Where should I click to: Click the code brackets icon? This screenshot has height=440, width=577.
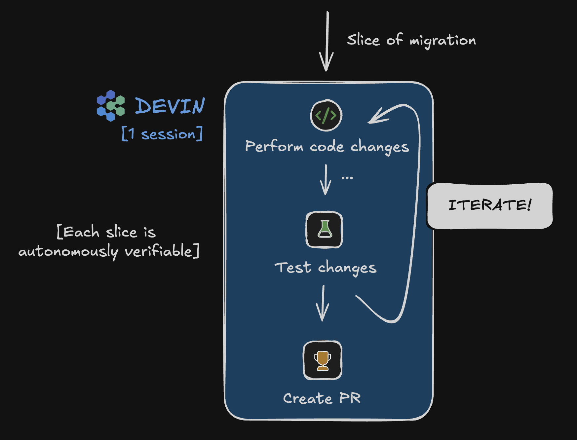[326, 115]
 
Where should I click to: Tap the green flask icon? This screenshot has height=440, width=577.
[324, 230]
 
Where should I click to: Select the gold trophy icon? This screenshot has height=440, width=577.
[323, 360]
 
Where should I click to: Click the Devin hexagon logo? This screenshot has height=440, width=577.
[111, 105]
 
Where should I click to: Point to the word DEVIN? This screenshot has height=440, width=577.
[170, 106]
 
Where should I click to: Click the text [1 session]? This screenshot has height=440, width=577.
[162, 134]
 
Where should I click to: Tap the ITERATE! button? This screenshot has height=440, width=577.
[490, 205]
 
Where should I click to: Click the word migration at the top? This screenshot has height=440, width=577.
[442, 41]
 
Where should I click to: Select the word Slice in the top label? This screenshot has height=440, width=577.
[363, 40]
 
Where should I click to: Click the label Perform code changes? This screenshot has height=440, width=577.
[327, 146]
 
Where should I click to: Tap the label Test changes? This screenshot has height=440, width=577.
[325, 268]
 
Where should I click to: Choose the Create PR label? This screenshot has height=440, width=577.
[322, 398]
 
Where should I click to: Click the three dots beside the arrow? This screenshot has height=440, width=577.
[347, 178]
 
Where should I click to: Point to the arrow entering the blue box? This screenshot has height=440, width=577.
[327, 41]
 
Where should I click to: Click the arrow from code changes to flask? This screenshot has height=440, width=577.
[326, 180]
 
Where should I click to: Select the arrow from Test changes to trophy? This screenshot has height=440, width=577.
[323, 303]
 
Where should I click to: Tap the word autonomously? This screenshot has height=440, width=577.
[68, 252]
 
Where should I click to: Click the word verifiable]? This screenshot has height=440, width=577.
[162, 251]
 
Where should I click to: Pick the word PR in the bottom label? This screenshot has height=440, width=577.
[350, 398]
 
